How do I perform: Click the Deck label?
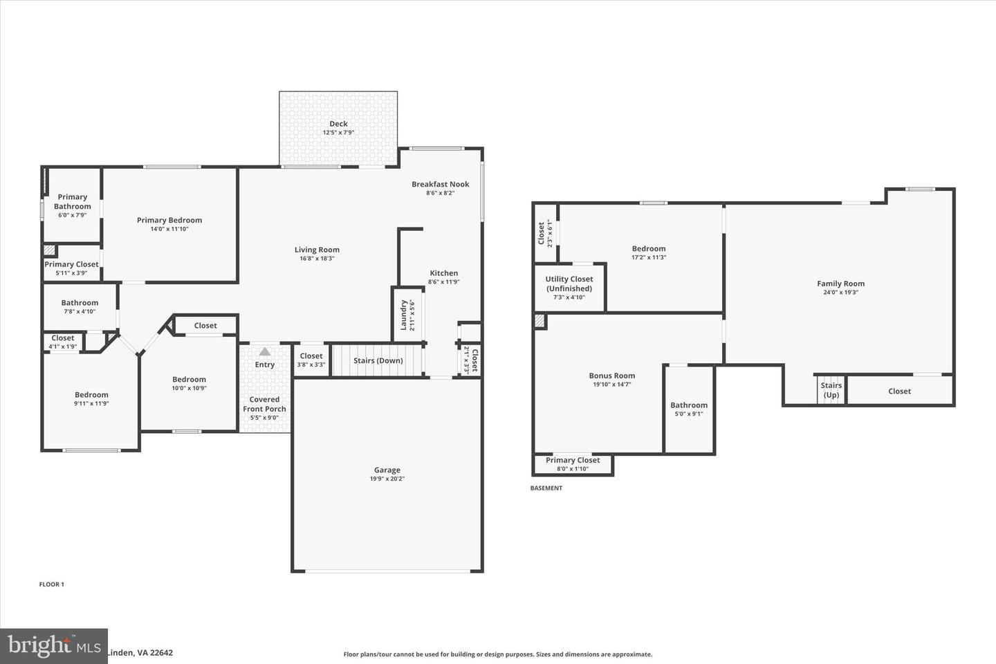pyautogui.click(x=338, y=124)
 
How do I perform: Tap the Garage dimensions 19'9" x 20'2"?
pyautogui.click(x=387, y=479)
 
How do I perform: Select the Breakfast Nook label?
pyautogui.click(x=440, y=184)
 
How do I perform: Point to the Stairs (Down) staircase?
pyautogui.click(x=378, y=360)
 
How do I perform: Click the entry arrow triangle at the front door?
pyautogui.click(x=265, y=351)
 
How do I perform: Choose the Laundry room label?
pyautogui.click(x=403, y=315)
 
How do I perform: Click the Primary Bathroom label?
pyautogui.click(x=73, y=201)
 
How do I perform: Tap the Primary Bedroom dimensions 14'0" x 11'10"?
pyautogui.click(x=169, y=229)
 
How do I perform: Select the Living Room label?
pyautogui.click(x=317, y=250)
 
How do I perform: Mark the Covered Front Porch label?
pyautogui.click(x=264, y=404)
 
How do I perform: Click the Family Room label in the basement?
pyautogui.click(x=840, y=283)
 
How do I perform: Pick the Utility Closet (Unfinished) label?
pyautogui.click(x=569, y=284)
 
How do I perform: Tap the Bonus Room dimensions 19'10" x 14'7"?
pyautogui.click(x=611, y=385)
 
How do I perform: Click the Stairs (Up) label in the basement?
pyautogui.click(x=831, y=390)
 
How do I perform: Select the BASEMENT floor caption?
pyautogui.click(x=546, y=488)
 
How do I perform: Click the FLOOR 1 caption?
pyautogui.click(x=52, y=584)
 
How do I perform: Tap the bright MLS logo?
pyautogui.click(x=53, y=646)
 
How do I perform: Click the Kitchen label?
pyautogui.click(x=443, y=273)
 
